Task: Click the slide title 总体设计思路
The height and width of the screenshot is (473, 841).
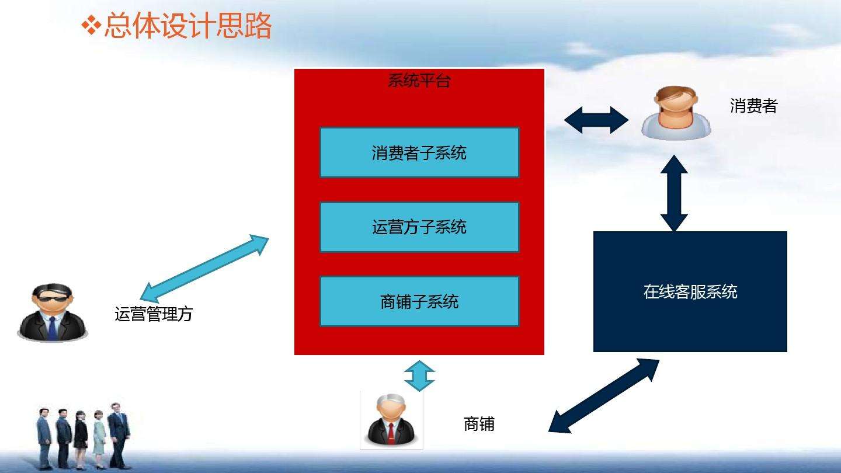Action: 187,26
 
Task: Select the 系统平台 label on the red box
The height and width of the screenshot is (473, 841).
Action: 419,81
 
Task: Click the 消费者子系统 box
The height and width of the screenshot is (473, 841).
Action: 419,152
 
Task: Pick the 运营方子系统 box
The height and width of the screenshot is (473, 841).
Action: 419,227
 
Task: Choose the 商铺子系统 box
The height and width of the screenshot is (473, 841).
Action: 419,301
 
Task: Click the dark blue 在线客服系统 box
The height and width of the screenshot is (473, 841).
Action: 690,291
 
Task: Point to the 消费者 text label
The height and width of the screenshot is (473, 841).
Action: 753,106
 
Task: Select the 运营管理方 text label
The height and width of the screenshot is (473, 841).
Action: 153,314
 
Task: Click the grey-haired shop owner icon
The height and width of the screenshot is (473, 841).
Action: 391,420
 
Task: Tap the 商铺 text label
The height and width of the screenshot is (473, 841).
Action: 479,424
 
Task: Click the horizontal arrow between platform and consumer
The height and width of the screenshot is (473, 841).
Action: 596,120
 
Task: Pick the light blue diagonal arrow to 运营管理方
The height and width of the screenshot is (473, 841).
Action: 205,269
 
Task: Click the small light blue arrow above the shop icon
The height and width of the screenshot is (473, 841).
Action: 419,376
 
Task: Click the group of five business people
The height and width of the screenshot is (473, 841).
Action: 82,438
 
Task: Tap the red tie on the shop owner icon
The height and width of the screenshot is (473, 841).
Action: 391,433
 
